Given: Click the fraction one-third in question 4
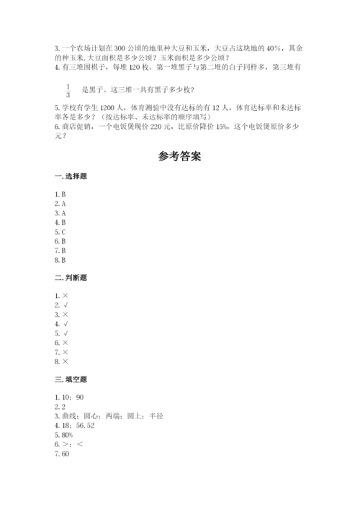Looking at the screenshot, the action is [x=67, y=90].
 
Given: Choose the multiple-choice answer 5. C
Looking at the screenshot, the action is [x=60, y=233].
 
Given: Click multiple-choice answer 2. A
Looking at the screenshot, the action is [x=60, y=204].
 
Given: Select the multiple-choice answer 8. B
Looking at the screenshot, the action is [x=60, y=260].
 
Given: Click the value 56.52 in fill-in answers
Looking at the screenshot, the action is [x=86, y=426].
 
